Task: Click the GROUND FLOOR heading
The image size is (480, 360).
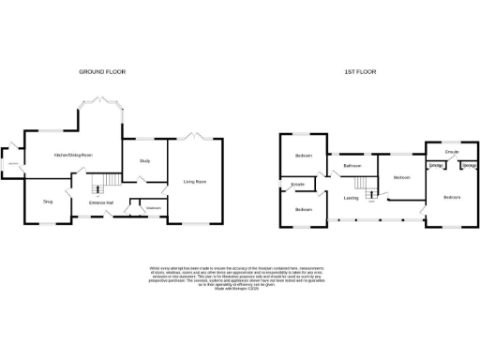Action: [x=102, y=71]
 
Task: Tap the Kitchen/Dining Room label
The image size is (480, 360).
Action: [x=73, y=154]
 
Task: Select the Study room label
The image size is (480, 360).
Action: [x=145, y=161]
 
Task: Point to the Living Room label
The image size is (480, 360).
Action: [x=195, y=182]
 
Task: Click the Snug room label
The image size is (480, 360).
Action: [x=48, y=202]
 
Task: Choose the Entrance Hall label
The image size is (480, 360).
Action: [x=101, y=202]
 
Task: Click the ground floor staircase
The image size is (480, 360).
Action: [x=111, y=178]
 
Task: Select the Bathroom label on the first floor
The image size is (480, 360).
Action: [x=352, y=167]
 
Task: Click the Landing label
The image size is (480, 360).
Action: [x=351, y=198]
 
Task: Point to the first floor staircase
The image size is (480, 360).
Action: [x=371, y=195]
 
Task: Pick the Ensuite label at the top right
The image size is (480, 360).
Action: [x=451, y=149]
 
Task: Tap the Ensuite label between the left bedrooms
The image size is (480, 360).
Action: [x=298, y=185]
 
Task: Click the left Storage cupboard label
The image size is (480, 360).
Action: [x=435, y=166]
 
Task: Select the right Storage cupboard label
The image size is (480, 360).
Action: [x=469, y=166]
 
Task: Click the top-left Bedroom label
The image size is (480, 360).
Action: [x=303, y=156]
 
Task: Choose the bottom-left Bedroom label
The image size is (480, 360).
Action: [x=303, y=209]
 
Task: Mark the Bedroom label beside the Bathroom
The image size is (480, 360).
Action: [x=402, y=177]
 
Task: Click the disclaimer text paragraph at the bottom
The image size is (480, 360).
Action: [x=240, y=279]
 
